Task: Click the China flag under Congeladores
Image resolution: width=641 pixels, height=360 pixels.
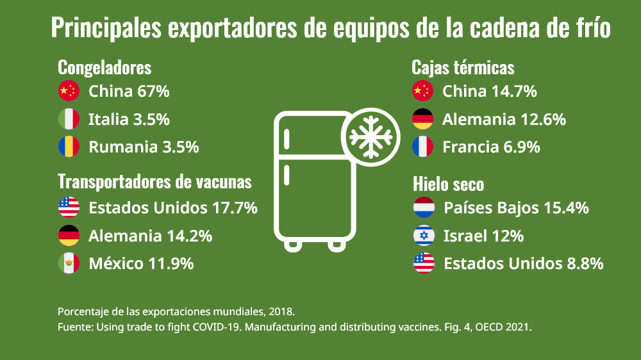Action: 69,92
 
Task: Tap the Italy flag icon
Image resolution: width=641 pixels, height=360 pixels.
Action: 69,119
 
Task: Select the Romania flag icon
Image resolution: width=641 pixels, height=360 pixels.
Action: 69,147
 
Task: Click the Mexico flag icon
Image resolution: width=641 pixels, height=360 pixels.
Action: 69,263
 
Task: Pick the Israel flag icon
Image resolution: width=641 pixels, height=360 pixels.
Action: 424,236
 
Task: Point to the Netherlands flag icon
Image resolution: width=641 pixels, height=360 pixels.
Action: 424,208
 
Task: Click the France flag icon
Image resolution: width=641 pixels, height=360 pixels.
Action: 422,147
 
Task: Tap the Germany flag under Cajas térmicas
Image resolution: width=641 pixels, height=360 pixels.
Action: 422,119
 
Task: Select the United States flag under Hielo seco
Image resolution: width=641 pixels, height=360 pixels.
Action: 424,263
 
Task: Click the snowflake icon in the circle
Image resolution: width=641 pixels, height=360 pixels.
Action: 369,138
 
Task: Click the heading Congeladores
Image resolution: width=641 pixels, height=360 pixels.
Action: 104,67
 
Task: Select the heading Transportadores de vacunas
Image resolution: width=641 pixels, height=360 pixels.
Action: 154,181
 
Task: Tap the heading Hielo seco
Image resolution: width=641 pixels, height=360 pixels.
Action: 448,184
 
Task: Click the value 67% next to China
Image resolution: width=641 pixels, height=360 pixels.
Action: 153,92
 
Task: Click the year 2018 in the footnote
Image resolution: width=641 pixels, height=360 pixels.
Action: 281,312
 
